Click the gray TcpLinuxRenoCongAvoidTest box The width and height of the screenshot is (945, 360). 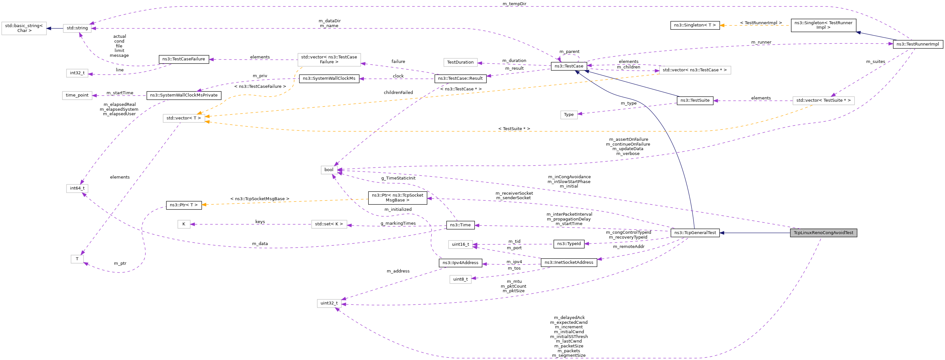pos(823,233)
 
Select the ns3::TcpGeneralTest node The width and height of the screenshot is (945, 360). pos(695,233)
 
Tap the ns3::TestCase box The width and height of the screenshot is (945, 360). pos(569,66)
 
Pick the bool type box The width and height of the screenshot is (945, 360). pos(329,170)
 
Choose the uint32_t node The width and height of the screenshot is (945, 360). pos(329,303)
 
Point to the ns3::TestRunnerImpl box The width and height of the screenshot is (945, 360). pos(918,44)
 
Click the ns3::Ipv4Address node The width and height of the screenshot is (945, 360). pos(460,263)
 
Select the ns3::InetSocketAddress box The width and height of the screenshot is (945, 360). pos(569,262)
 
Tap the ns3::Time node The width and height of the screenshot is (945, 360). pos(460,225)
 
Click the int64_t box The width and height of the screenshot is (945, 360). pos(77,188)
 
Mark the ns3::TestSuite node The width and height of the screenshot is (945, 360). pos(695,100)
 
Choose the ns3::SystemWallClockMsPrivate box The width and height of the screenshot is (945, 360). pos(184,95)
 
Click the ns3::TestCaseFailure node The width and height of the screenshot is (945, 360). pos(183,59)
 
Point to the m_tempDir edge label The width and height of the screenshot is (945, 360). pos(514,4)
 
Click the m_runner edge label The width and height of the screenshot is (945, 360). pos(761,42)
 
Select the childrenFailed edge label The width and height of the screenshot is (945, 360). pos(398,92)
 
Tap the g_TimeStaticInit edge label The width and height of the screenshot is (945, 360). pos(398,178)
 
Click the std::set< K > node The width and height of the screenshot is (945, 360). pos(329,224)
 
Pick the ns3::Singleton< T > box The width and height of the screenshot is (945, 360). pos(695,25)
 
